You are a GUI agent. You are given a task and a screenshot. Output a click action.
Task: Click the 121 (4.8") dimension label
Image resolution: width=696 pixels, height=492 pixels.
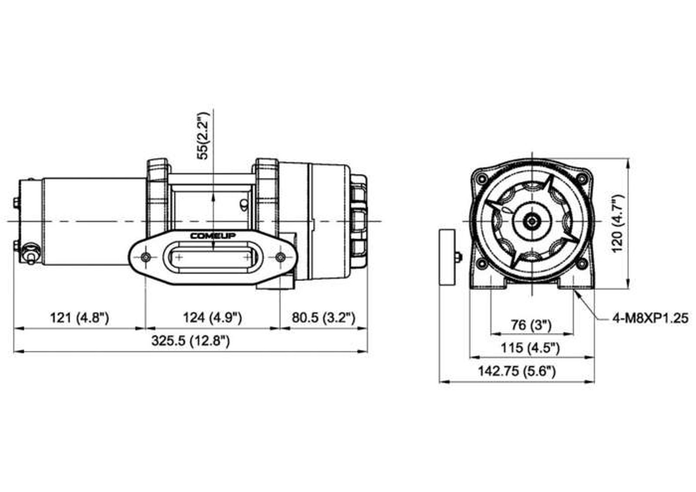(80, 318)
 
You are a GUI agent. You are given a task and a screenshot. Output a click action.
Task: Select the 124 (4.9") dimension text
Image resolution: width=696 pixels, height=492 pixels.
(212, 318)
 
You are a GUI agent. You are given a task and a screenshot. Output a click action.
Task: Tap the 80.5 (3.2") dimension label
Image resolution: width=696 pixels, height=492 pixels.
(324, 318)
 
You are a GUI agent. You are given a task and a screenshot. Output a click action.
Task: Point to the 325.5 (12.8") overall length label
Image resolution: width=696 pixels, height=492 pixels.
(191, 341)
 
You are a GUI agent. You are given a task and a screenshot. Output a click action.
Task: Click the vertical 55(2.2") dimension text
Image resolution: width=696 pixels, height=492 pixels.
(204, 136)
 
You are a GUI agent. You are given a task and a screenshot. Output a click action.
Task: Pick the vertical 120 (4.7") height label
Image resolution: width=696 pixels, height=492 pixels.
(617, 224)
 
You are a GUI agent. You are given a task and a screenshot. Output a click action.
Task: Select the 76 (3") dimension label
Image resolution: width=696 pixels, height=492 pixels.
(531, 325)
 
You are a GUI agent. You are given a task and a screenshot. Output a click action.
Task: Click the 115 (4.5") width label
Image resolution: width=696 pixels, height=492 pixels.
(530, 348)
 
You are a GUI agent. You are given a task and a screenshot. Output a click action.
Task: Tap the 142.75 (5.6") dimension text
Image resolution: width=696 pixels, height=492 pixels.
(516, 371)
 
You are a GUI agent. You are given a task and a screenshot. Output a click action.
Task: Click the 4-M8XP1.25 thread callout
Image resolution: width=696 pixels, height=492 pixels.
(650, 318)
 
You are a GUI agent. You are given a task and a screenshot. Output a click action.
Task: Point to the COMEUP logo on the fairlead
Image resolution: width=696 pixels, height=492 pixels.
(213, 236)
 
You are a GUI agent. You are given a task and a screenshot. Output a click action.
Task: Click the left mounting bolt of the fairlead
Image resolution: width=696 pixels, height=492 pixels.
(146, 257)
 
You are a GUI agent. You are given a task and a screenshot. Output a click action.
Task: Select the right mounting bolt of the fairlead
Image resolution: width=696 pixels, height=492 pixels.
(281, 257)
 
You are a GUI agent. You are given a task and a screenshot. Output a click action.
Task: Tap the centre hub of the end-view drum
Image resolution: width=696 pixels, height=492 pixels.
(532, 221)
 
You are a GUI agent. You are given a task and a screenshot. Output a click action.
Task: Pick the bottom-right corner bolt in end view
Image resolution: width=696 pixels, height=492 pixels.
(582, 264)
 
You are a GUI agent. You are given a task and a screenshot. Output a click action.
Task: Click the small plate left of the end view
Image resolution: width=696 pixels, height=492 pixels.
(447, 258)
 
